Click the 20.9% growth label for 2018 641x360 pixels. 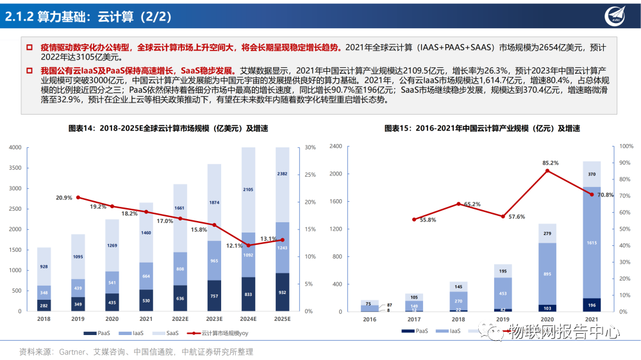[63, 197]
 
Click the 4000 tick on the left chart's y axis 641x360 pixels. [15, 148]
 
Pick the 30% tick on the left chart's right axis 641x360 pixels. [310, 147]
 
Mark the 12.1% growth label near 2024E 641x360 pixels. [235, 246]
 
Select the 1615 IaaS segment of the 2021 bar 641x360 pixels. [592, 243]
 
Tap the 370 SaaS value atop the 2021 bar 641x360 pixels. [592, 174]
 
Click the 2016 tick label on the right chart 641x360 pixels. [369, 318]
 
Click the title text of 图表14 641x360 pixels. [168, 128]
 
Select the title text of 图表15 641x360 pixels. [482, 128]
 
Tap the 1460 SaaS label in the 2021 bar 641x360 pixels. [146, 233]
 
